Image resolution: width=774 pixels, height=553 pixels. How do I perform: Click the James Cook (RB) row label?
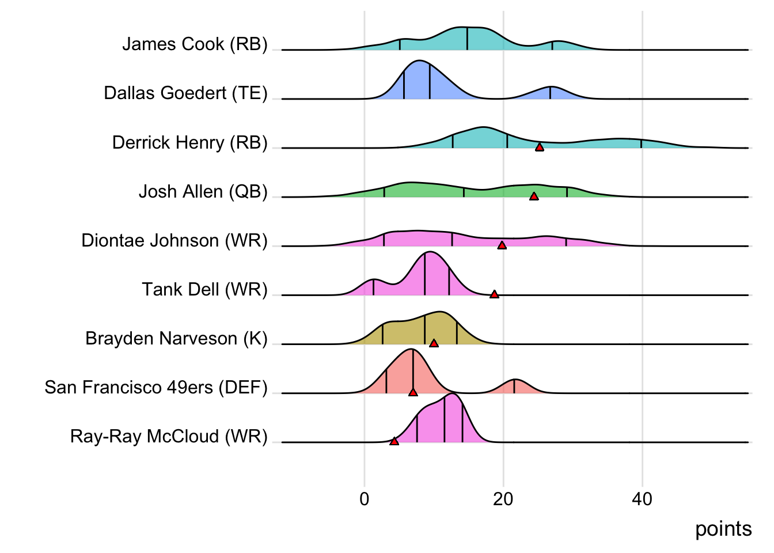click(x=195, y=44)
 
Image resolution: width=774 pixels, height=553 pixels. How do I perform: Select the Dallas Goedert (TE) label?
click(x=185, y=93)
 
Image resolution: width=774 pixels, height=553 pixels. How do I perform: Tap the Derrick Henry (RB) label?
click(x=189, y=142)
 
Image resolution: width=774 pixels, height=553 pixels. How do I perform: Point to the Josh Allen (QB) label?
click(x=203, y=191)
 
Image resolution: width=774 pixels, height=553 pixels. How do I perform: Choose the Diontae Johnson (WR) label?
click(x=174, y=240)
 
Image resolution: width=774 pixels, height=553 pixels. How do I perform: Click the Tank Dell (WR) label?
click(x=204, y=289)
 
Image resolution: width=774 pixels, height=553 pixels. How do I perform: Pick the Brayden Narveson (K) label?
click(x=176, y=338)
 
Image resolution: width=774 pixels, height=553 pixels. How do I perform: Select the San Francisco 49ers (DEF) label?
click(x=156, y=387)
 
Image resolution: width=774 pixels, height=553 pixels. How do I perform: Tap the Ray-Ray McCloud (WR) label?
click(x=169, y=436)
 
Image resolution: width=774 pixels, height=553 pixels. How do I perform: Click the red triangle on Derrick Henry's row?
click(x=539, y=147)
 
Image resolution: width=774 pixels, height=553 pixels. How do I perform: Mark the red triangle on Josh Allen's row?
click(x=534, y=196)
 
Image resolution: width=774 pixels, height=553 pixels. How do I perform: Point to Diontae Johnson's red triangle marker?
click(x=502, y=245)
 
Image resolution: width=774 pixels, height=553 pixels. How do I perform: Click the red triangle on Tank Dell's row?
click(x=494, y=294)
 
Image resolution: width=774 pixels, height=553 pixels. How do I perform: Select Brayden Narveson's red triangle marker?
click(x=434, y=343)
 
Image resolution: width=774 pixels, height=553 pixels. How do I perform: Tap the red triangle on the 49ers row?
click(x=413, y=392)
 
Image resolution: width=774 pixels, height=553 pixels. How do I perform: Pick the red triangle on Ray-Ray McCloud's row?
click(x=394, y=441)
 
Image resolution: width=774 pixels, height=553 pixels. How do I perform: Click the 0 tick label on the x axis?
click(x=364, y=499)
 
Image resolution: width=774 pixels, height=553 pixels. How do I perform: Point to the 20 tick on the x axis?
click(x=503, y=499)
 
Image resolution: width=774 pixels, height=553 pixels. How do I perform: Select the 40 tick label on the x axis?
click(x=642, y=499)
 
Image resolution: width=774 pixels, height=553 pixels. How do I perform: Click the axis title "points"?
click(x=723, y=529)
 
